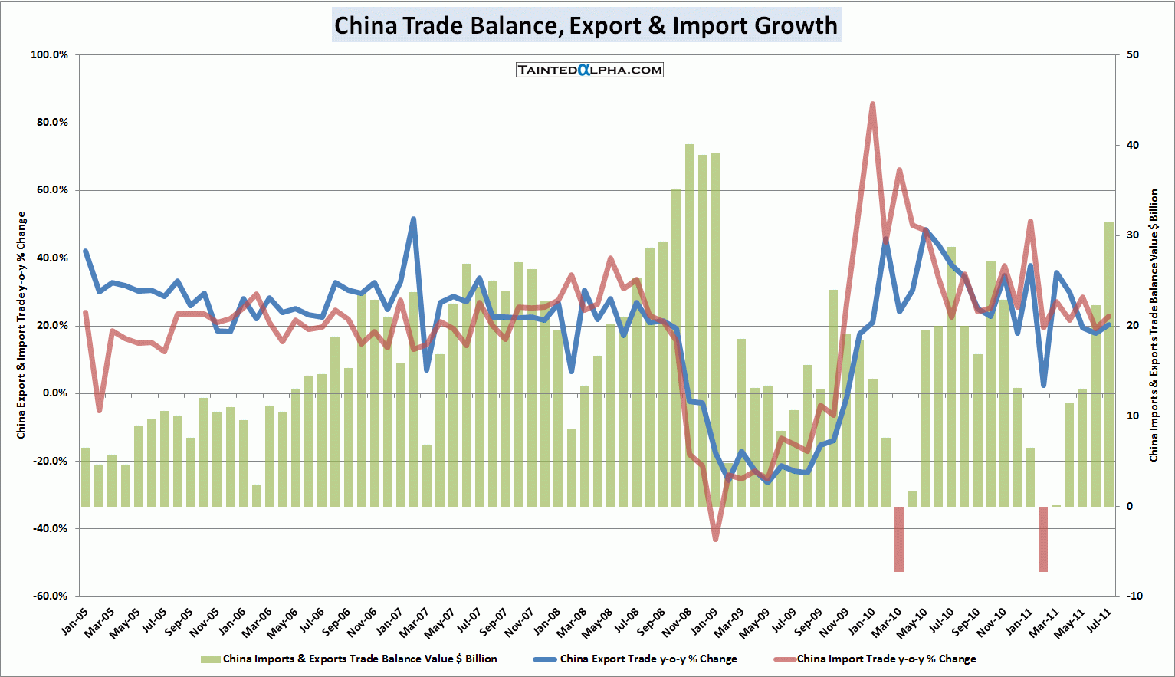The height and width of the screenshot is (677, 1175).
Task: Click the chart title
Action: click(586, 25)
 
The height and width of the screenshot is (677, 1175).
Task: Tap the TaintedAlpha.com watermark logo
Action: click(589, 70)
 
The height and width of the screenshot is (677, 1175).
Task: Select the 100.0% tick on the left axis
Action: click(49, 55)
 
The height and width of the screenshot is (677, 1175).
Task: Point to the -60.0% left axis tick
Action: click(49, 596)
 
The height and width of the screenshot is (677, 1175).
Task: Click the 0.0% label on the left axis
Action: click(54, 393)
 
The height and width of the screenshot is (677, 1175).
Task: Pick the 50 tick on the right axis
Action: click(1132, 55)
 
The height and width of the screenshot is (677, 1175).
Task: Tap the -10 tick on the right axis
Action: click(1134, 596)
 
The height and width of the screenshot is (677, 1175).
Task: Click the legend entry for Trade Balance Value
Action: click(349, 659)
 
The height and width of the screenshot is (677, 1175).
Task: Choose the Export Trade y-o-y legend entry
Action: click(635, 659)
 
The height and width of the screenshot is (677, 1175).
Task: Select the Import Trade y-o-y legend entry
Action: click(875, 659)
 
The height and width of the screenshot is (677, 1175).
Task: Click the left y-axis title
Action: click(21, 325)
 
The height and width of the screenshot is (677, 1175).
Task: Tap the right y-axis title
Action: click(1154, 325)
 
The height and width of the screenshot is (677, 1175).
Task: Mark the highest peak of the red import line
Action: click(872, 104)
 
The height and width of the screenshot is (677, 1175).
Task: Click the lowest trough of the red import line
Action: click(715, 539)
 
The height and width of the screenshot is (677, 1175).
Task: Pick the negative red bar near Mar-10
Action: click(899, 538)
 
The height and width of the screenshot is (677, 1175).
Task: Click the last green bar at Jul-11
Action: click(1108, 364)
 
